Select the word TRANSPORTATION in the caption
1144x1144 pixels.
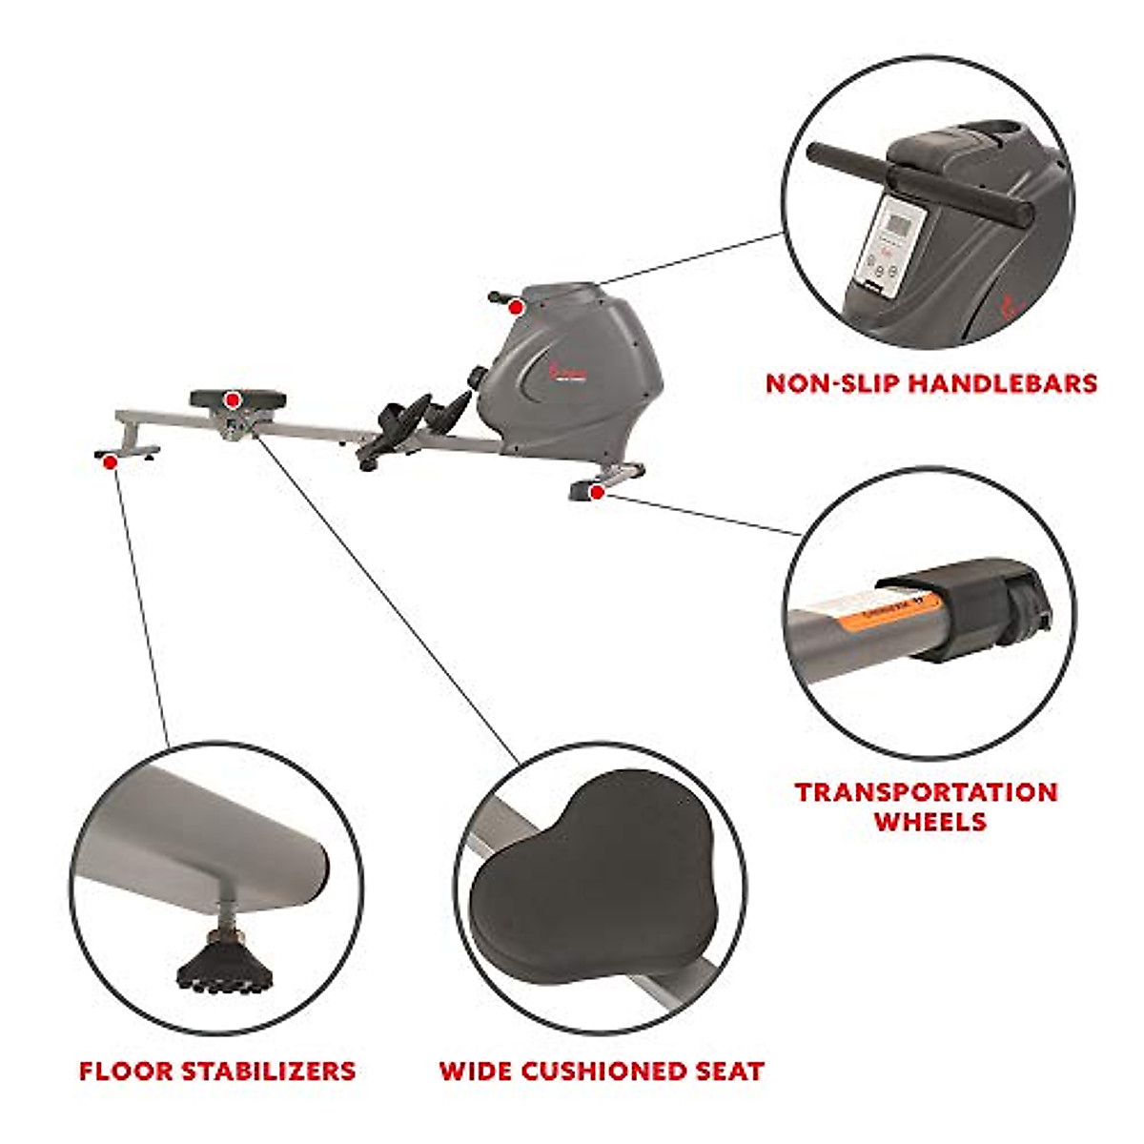point(927,792)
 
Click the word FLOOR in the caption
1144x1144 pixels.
point(125,1071)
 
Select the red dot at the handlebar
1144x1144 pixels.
point(516,307)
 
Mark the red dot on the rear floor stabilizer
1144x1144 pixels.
point(111,461)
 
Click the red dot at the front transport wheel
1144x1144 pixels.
point(597,492)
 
